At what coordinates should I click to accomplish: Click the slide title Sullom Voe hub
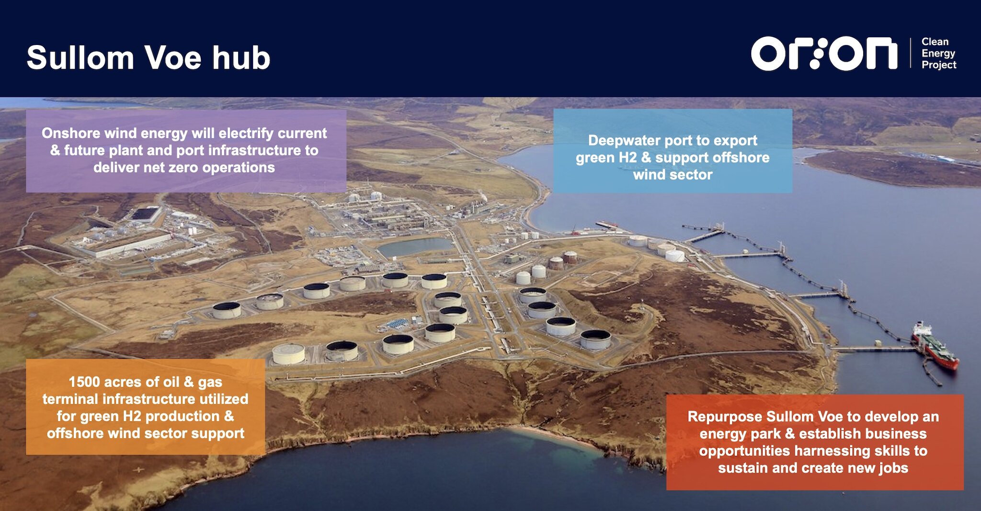click(x=148, y=58)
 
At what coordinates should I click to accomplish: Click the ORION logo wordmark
click(x=824, y=54)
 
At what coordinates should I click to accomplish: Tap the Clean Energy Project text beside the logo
click(x=938, y=53)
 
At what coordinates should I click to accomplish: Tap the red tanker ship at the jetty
click(x=935, y=345)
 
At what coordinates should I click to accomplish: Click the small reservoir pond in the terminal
click(x=415, y=246)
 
